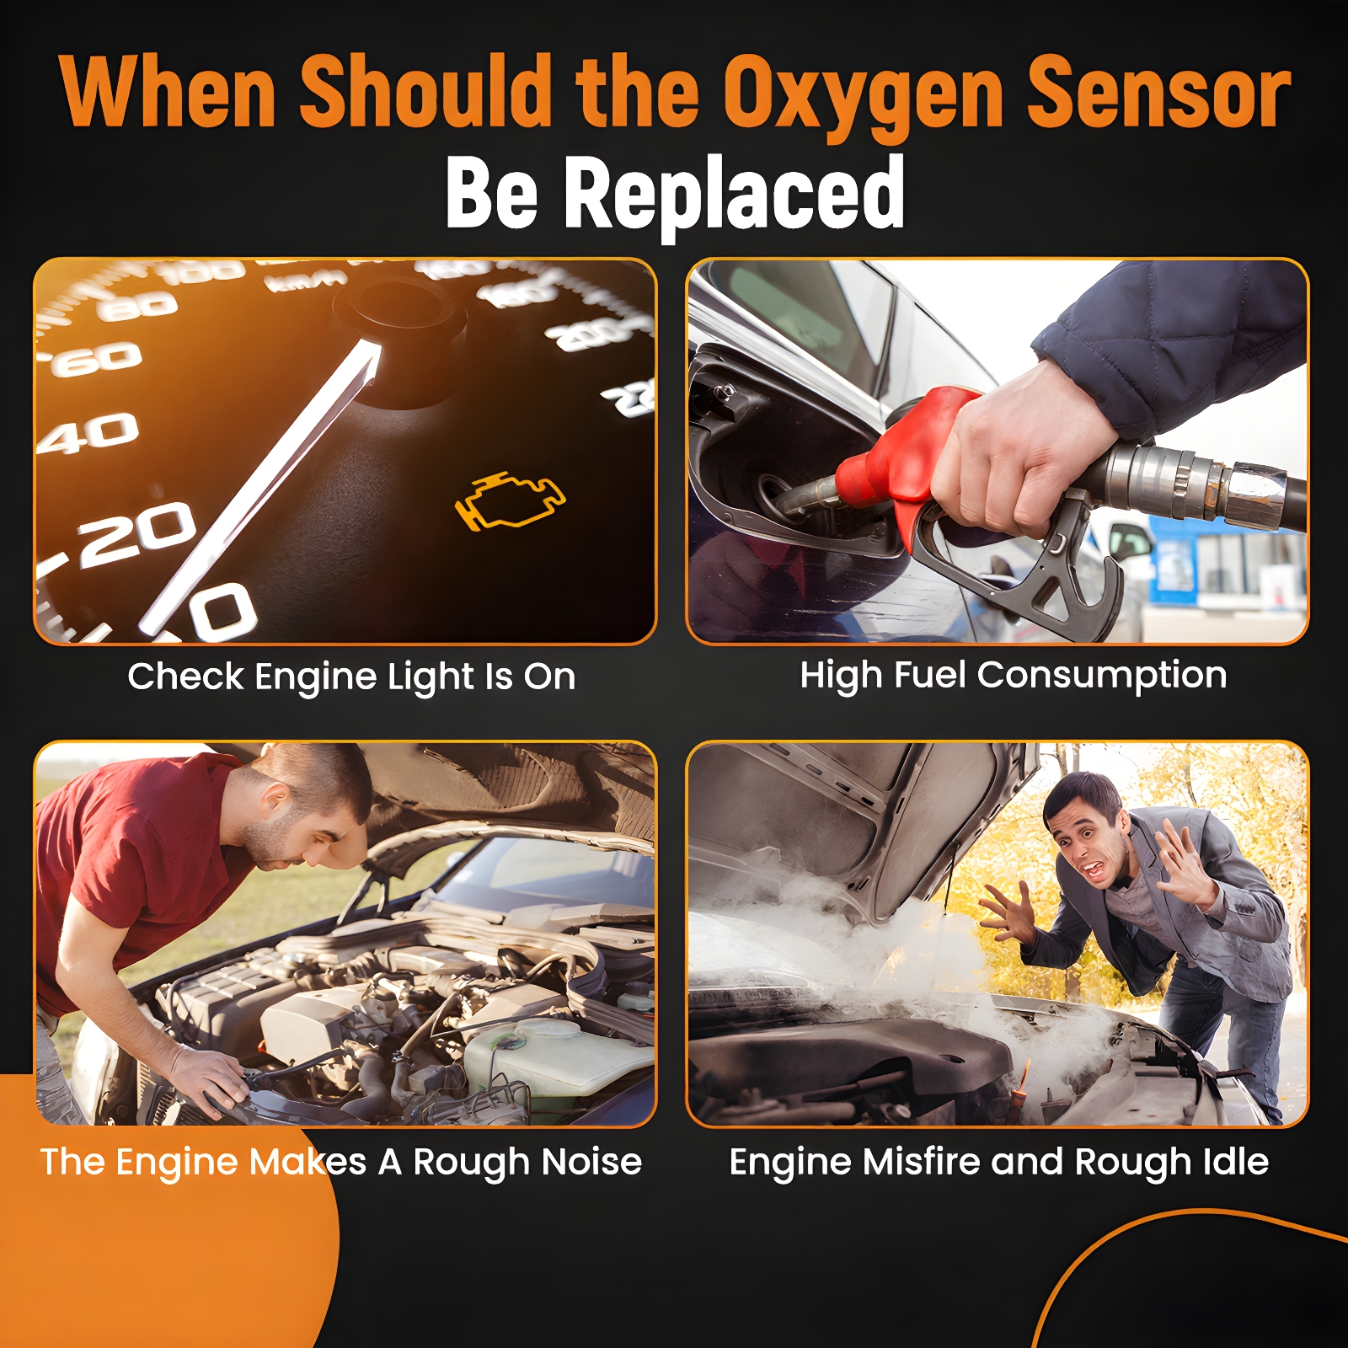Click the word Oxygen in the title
[864, 93]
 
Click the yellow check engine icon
[510, 500]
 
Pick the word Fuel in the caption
[929, 675]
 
